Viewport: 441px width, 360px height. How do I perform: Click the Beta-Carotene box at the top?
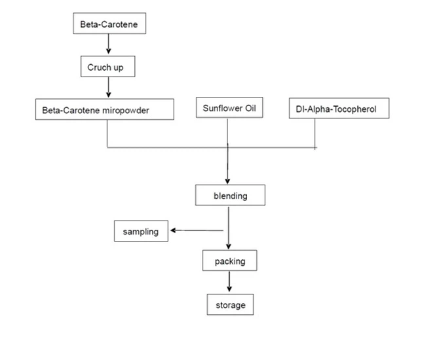pos(108,25)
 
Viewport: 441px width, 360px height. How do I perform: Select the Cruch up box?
pos(108,67)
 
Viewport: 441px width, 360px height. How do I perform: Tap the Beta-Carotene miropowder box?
pos(104,110)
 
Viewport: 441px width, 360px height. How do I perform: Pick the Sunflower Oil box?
pos(229,108)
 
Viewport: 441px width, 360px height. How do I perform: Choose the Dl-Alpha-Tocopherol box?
pos(339,109)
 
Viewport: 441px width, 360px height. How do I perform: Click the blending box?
pos(230,196)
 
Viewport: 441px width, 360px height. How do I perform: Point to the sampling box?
pos(141,231)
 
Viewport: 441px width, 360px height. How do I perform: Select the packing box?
pos(229,261)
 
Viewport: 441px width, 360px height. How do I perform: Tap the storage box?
pos(229,304)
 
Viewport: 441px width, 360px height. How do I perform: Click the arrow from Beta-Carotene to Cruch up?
pos(108,45)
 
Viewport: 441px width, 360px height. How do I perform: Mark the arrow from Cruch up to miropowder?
pos(108,87)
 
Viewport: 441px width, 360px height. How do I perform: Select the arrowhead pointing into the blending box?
pos(227,182)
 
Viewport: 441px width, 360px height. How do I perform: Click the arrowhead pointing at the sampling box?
pos(172,230)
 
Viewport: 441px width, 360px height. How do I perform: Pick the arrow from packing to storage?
pos(229,281)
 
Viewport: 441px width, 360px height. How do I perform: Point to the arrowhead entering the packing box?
pos(228,247)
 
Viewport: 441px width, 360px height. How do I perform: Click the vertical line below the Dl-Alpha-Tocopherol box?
pos(315,133)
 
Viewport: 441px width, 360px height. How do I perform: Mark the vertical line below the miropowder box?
pos(107,134)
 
